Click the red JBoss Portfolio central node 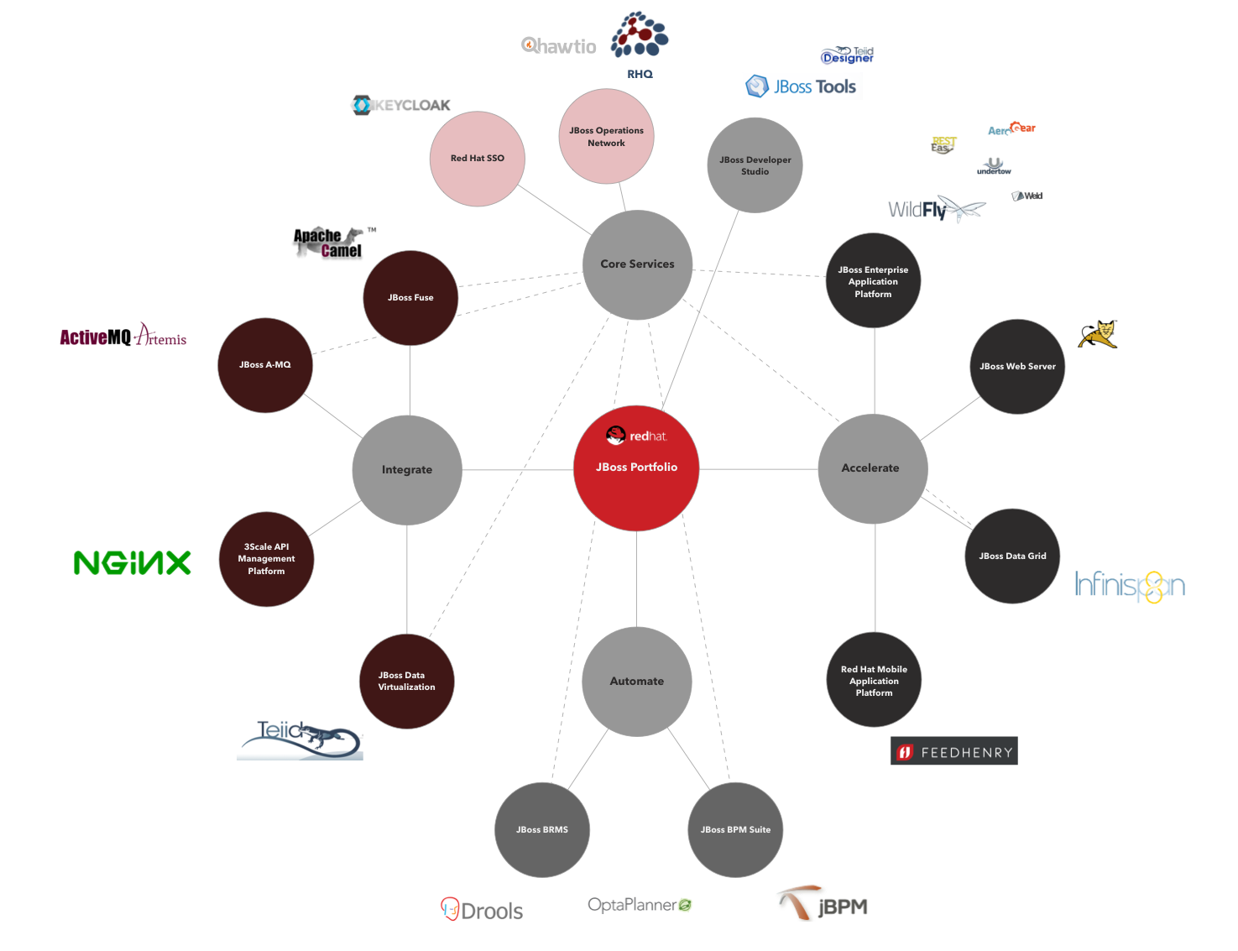(x=636, y=468)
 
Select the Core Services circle (x=637, y=264)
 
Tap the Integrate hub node (x=407, y=470)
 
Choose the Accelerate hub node (x=872, y=468)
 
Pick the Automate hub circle (x=637, y=681)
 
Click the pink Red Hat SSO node (x=478, y=159)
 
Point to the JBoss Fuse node (x=410, y=298)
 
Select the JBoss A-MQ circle (x=265, y=365)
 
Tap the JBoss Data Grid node (x=1012, y=556)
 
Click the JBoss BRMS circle (x=542, y=829)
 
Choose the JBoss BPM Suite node (x=735, y=829)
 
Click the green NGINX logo (x=133, y=563)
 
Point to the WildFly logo (x=937, y=210)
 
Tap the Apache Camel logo (x=333, y=243)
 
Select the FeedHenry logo (x=954, y=751)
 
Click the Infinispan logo (x=1130, y=586)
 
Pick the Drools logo (x=483, y=910)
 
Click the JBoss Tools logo (x=802, y=86)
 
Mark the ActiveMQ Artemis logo (x=124, y=334)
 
